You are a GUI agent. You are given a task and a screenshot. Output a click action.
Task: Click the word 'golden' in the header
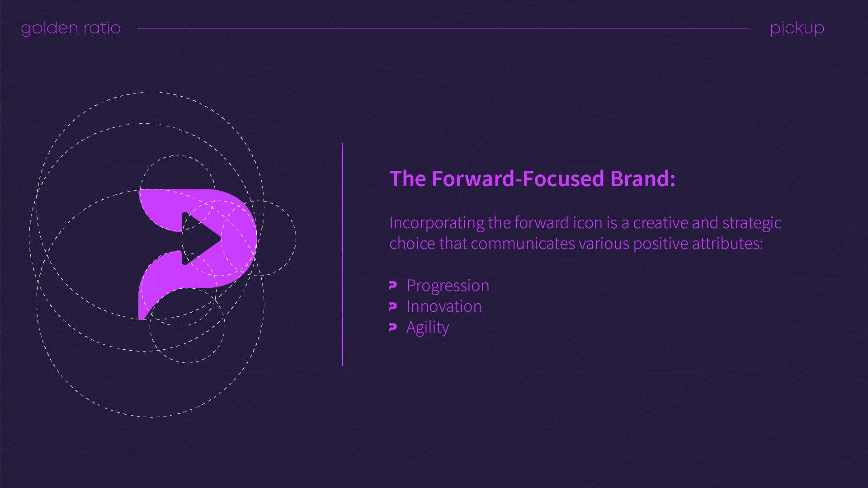click(x=50, y=28)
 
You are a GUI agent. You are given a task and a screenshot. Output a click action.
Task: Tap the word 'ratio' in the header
click(x=102, y=28)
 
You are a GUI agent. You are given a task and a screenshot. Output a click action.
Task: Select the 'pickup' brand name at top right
click(x=797, y=28)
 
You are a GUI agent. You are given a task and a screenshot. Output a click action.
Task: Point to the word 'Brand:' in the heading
click(x=643, y=178)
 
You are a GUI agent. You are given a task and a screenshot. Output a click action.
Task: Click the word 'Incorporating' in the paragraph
click(x=437, y=223)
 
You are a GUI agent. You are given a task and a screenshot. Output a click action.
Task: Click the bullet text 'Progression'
click(x=448, y=286)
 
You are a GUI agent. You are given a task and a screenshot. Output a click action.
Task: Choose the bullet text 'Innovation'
click(x=444, y=306)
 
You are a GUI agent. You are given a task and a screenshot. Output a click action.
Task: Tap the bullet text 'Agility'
click(x=428, y=328)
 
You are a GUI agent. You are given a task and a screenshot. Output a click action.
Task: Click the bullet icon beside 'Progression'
click(x=393, y=286)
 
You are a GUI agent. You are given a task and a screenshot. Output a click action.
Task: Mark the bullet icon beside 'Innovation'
click(x=393, y=306)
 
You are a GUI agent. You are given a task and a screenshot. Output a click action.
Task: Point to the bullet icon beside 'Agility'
click(x=393, y=327)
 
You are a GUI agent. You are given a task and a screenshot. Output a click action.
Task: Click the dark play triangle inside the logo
click(x=198, y=238)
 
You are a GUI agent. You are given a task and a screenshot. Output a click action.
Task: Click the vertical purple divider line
click(x=343, y=254)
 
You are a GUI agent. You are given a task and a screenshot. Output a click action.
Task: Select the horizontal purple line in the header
click(x=443, y=28)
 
